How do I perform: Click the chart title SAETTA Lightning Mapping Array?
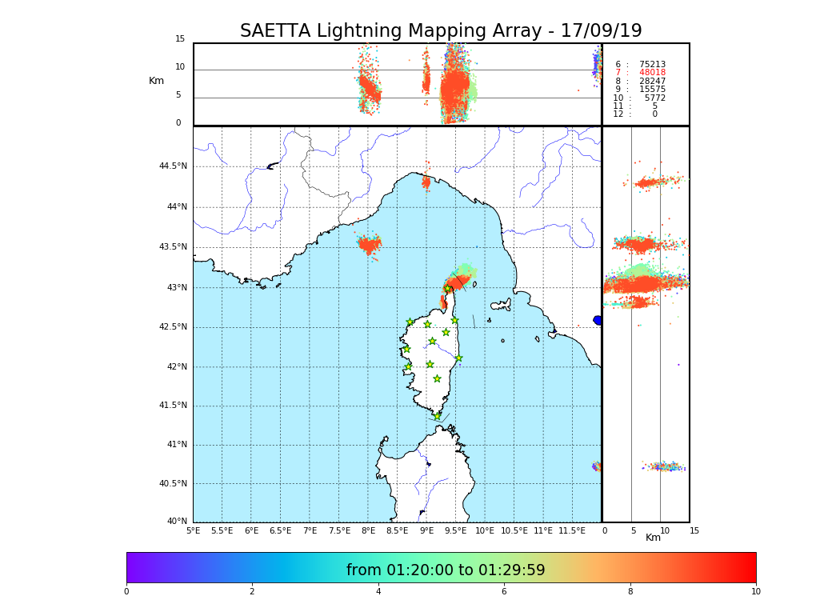[x=441, y=31]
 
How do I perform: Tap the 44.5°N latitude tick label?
[x=173, y=166]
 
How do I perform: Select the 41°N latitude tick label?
[x=177, y=445]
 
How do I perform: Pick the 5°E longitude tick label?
[x=193, y=530]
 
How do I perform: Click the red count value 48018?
[x=652, y=73]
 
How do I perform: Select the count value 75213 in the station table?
[x=652, y=65]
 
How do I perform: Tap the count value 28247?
[x=652, y=82]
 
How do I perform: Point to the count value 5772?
[x=654, y=98]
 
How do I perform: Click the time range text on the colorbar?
[x=446, y=570]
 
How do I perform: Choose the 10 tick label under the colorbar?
[x=755, y=592]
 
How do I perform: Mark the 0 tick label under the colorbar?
[x=126, y=592]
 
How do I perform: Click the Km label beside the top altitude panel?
[x=156, y=81]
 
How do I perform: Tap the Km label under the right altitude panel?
[x=653, y=538]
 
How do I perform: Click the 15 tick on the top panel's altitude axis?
[x=180, y=39]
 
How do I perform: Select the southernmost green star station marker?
[x=437, y=416]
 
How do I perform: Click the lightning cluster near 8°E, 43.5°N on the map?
[x=369, y=244]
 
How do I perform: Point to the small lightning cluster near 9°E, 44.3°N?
[x=426, y=182]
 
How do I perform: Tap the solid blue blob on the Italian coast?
[x=598, y=320]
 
